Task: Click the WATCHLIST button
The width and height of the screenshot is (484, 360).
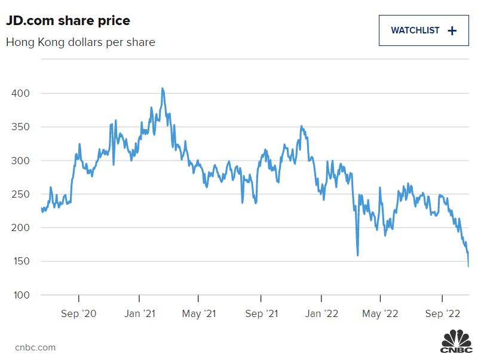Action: click(x=423, y=30)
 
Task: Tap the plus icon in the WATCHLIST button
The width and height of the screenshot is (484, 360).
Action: click(x=452, y=31)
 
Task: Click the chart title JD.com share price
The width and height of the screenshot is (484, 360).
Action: click(x=68, y=21)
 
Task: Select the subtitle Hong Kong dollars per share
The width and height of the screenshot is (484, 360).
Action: click(x=81, y=42)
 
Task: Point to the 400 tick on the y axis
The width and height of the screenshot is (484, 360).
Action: click(x=20, y=94)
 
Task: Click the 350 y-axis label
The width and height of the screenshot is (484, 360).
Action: click(x=20, y=127)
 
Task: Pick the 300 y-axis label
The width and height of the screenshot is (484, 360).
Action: click(x=20, y=161)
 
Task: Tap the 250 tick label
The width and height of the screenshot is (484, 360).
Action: click(x=20, y=194)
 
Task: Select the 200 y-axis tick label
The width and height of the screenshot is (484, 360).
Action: click(x=20, y=228)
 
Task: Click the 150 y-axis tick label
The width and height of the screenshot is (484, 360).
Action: click(x=20, y=261)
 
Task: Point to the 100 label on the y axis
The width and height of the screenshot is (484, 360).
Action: click(x=20, y=295)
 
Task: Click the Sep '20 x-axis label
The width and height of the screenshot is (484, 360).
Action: click(x=79, y=313)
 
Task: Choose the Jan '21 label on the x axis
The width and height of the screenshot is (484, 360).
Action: click(x=139, y=313)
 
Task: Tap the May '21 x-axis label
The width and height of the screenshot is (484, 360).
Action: click(x=200, y=313)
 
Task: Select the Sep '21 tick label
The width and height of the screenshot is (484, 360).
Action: click(x=261, y=313)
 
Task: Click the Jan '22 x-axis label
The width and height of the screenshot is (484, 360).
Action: click(x=321, y=313)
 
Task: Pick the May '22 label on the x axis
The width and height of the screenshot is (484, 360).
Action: click(x=381, y=313)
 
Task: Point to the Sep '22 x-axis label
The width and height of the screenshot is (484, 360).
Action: click(x=442, y=313)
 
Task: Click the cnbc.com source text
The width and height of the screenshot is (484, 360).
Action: click(x=35, y=347)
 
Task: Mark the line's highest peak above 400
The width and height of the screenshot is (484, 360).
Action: click(x=163, y=88)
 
